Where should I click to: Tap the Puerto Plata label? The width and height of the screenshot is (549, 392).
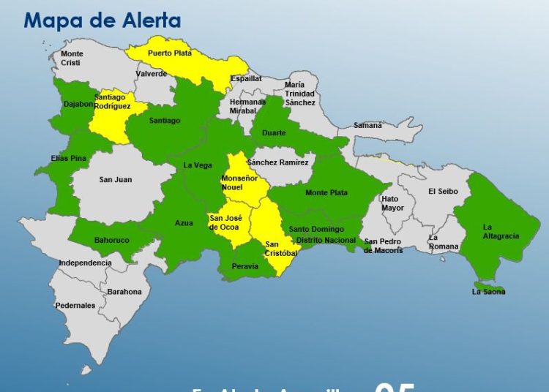(x=170, y=53)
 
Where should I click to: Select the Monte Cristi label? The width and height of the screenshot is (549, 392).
(x=72, y=59)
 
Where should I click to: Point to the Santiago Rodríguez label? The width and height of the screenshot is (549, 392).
(x=113, y=102)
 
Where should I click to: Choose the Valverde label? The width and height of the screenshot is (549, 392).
(x=152, y=74)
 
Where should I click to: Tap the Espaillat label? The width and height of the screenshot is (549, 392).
(x=246, y=78)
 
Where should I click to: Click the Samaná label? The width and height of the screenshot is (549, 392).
(x=367, y=125)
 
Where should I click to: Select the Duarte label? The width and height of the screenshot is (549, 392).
(x=274, y=134)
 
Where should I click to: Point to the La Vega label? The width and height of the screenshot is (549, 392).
(x=198, y=165)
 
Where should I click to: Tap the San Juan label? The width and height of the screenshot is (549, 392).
(x=116, y=179)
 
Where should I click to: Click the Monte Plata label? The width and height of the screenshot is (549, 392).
(x=326, y=192)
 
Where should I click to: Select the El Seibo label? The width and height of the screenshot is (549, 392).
(x=443, y=192)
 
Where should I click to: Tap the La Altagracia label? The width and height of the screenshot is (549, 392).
(x=501, y=231)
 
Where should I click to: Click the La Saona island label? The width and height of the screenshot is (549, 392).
(x=488, y=292)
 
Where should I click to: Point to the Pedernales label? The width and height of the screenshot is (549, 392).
(x=75, y=305)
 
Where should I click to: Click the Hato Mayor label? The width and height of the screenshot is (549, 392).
(x=392, y=203)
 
